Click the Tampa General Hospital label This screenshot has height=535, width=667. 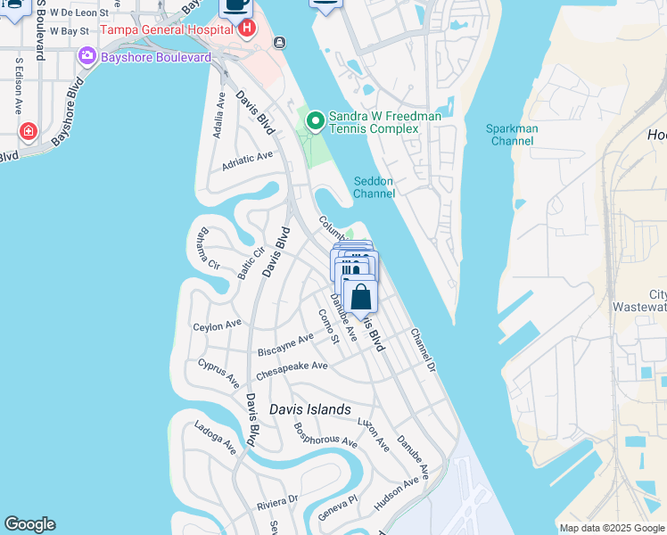pos(167,29)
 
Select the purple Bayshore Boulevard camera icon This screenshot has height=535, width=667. pos(87,57)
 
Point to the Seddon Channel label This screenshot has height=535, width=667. pos(374,186)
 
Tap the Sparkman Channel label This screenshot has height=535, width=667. pos(512,135)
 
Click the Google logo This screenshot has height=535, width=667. pos(30,524)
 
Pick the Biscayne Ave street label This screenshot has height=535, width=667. pos(285,344)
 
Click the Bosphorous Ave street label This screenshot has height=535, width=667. pos(325,432)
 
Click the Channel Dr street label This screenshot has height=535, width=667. pos(422,350)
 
